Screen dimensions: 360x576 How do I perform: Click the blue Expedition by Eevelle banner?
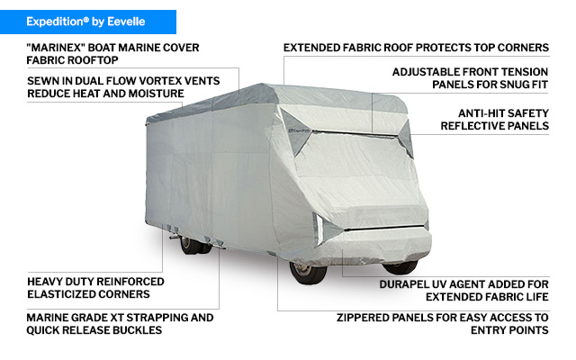88,20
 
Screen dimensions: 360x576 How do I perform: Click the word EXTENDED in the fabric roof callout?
312,47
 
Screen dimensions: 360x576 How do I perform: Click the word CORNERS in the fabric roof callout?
521,47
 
